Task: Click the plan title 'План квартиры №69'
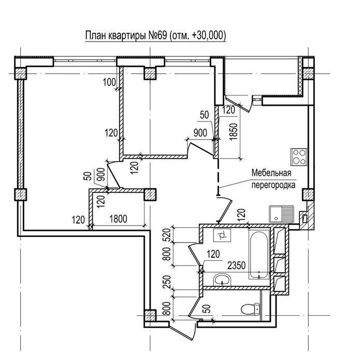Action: (126, 36)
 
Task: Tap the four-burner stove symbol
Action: (299, 157)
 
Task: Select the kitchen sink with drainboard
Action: (281, 214)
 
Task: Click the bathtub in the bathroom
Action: (259, 254)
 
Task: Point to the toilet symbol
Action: (250, 309)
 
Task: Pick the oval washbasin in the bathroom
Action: (222, 280)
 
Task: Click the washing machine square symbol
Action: (222, 235)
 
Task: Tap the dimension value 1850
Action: (234, 132)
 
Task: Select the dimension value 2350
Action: (236, 266)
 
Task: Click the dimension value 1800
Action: (118, 219)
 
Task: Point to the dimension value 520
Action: (167, 235)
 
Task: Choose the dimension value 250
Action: (167, 282)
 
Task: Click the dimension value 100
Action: (109, 82)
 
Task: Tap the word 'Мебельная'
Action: (271, 173)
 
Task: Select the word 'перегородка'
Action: (273, 186)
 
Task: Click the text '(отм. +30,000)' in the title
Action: (197, 36)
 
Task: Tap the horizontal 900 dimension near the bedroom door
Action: (200, 133)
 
